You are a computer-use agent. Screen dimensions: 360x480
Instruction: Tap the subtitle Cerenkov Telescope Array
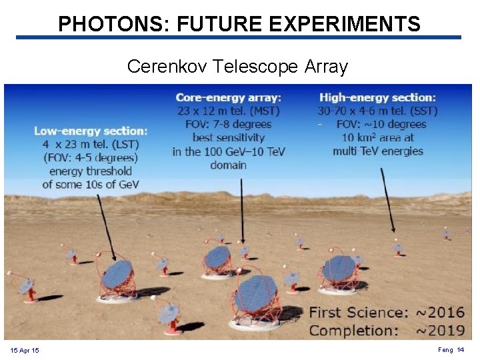[237, 67]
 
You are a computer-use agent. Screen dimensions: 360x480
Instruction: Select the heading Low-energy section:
[91, 131]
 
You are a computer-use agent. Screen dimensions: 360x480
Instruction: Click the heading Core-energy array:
[229, 98]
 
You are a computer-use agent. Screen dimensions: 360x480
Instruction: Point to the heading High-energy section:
[377, 98]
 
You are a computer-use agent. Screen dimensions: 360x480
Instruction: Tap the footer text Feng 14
[451, 350]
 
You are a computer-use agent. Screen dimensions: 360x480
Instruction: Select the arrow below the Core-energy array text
[242, 207]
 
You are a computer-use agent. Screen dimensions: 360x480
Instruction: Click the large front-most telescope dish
[255, 294]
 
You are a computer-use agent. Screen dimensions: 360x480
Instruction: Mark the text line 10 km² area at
[377, 138]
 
